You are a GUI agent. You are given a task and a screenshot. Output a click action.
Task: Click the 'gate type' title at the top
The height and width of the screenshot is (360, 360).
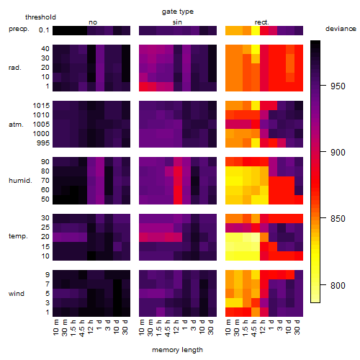click(178, 12)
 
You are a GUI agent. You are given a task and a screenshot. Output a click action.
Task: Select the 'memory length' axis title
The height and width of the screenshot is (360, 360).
click(177, 350)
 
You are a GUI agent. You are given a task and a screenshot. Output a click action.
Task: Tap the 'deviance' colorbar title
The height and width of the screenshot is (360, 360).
click(341, 29)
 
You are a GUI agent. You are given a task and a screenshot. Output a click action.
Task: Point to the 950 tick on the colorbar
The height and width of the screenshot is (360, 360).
click(323, 86)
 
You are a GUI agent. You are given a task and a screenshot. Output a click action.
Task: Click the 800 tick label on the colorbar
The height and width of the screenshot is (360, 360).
click(338, 286)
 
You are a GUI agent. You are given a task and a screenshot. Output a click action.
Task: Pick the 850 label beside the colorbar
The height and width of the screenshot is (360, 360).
click(338, 219)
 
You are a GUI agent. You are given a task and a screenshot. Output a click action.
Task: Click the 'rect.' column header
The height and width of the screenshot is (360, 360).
click(261, 22)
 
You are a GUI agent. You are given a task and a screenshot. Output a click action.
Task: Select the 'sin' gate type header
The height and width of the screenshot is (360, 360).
click(177, 22)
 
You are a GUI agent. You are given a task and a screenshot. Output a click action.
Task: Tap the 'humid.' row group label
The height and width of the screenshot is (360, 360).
click(20, 181)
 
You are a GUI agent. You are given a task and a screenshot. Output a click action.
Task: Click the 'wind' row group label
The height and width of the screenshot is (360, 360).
click(17, 294)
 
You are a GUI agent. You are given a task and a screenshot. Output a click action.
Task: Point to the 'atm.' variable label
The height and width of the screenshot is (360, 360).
click(16, 125)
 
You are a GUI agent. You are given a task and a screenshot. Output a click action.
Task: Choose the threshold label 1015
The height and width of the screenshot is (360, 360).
click(41, 106)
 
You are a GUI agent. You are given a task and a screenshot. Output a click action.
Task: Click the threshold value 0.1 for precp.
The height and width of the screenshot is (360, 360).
click(44, 30)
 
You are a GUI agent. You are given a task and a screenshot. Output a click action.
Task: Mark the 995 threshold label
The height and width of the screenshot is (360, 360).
click(43, 143)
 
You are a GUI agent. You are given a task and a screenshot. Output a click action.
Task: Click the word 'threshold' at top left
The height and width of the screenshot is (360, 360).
click(40, 17)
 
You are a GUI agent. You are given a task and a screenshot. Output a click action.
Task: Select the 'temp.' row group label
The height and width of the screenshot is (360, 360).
click(18, 236)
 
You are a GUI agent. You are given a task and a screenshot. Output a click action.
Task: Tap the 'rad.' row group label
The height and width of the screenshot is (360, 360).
click(15, 68)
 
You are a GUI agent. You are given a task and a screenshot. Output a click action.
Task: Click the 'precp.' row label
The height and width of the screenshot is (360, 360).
click(19, 29)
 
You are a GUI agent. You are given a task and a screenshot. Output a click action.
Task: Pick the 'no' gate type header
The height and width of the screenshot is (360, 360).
click(93, 22)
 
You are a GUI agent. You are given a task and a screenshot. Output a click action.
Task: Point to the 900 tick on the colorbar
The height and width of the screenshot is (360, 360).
click(323, 152)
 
